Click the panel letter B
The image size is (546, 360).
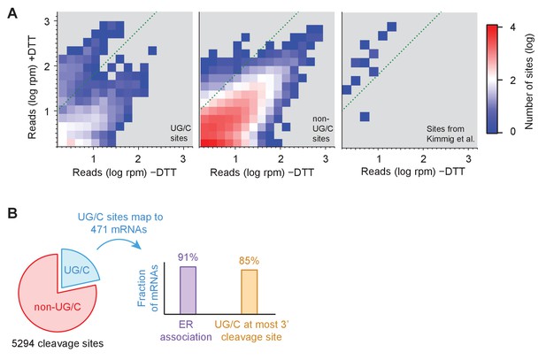(12, 213)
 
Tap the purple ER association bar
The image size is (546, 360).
(188, 290)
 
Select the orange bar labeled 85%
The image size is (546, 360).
(250, 292)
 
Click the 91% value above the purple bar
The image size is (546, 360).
(188, 257)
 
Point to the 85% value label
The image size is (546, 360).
(249, 261)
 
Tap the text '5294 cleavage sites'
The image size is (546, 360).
(58, 343)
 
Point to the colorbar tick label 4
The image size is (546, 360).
(512, 27)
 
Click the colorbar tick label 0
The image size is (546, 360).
(512, 132)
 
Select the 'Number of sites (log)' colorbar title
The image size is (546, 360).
(529, 81)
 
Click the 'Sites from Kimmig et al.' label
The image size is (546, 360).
(450, 134)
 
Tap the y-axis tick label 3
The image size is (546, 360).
(48, 21)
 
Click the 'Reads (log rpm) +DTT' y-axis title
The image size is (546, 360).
(33, 87)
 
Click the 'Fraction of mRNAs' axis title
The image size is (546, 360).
(148, 288)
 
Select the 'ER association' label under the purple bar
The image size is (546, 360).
(186, 331)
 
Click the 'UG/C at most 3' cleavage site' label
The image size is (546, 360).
(251, 331)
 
